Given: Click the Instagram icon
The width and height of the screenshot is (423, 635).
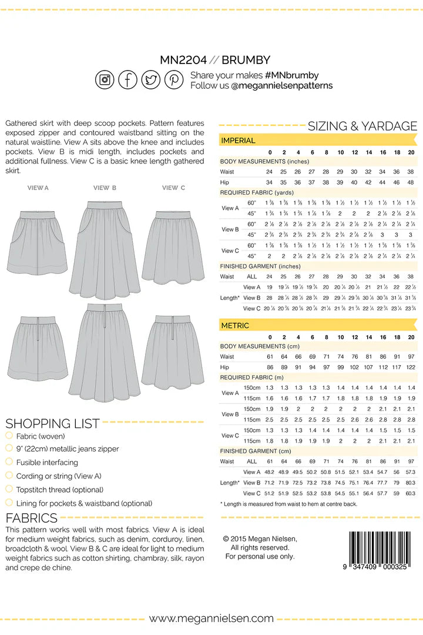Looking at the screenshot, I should pyautogui.click(x=105, y=79).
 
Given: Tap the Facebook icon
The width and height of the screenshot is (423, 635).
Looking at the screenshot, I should pyautogui.click(x=128, y=79).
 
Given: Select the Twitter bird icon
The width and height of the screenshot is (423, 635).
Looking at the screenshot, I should pyautogui.click(x=151, y=79).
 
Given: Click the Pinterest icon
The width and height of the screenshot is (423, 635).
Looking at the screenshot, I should pyautogui.click(x=174, y=79).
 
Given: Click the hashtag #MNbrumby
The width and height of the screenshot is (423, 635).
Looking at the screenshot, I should pyautogui.click(x=292, y=75).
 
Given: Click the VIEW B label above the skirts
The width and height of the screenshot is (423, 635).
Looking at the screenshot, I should pyautogui.click(x=105, y=188).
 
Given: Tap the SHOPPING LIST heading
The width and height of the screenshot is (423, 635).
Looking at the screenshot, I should pyautogui.click(x=52, y=423).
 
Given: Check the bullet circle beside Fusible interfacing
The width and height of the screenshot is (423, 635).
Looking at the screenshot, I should pyautogui.click(x=9, y=462).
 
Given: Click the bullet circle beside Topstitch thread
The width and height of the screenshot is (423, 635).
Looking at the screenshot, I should pyautogui.click(x=9, y=489).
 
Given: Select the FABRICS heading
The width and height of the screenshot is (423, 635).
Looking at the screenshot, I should pyautogui.click(x=31, y=518).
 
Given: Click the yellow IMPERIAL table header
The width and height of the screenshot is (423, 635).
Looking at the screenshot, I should pyautogui.click(x=238, y=141).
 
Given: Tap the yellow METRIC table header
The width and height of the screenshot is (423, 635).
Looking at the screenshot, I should pyautogui.click(x=235, y=325).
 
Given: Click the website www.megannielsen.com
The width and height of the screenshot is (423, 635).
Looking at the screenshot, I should pyautogui.click(x=211, y=618).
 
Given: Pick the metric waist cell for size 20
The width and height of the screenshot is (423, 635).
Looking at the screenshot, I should pyautogui.click(x=411, y=357).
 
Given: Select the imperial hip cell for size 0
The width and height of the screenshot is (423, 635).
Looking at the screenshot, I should pyautogui.click(x=270, y=182).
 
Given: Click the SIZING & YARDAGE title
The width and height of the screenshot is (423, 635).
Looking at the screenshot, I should pyautogui.click(x=362, y=126).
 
